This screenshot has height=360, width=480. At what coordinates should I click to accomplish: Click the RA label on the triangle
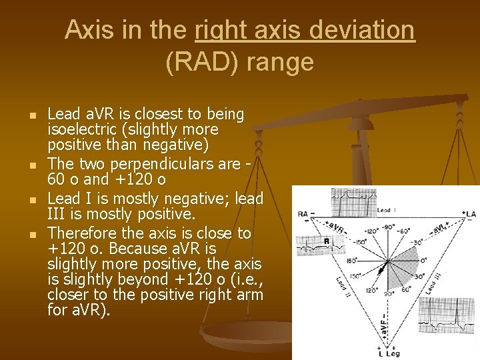[x=307, y=215]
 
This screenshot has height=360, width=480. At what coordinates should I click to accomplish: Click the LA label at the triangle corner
[x=470, y=213]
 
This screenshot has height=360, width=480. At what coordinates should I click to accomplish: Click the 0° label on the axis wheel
[x=422, y=260]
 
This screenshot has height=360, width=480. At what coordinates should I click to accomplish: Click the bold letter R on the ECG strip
[x=327, y=241]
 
